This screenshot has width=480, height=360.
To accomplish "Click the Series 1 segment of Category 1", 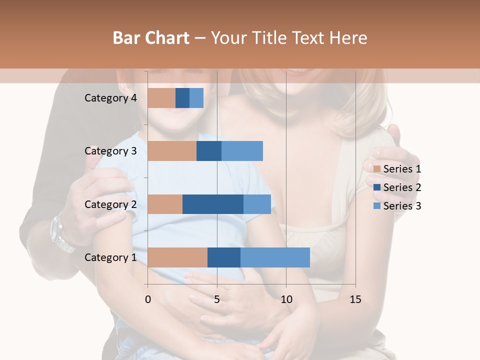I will [x=177, y=257].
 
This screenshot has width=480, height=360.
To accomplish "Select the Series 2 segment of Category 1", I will [x=224, y=257].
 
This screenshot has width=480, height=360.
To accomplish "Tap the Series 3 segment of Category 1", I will [x=275, y=257].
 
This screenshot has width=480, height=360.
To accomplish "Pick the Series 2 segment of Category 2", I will [x=213, y=204].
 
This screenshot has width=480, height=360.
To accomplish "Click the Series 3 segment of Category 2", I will [x=257, y=204].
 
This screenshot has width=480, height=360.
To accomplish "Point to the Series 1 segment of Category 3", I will [x=172, y=151].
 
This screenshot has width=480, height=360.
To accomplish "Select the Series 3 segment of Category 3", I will [x=242, y=151].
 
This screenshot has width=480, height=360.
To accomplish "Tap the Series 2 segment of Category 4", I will [x=182, y=98].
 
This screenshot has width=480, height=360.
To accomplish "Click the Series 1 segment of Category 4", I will [x=161, y=98].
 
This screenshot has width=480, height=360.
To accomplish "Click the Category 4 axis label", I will [x=110, y=98].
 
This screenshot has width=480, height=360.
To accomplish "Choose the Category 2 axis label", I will [x=110, y=204].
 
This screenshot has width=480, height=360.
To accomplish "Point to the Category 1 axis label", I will [x=110, y=257].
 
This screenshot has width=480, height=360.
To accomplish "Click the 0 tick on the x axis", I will [x=148, y=299].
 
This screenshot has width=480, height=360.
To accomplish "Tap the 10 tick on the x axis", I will [x=286, y=299].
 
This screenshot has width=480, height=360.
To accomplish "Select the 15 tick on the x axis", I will [x=355, y=299].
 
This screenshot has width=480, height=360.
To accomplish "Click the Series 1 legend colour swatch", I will [x=377, y=169].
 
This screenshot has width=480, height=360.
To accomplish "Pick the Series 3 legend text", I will [x=402, y=206].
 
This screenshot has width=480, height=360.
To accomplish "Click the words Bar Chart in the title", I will [x=151, y=38].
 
